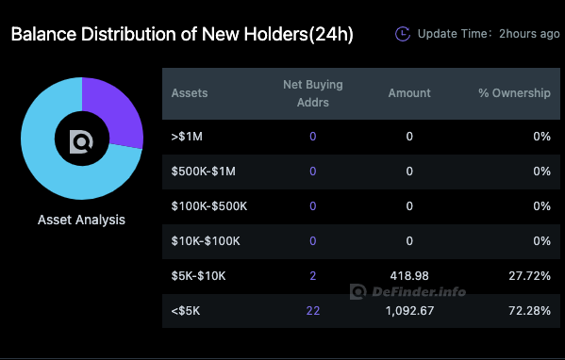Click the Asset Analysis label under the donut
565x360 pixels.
81,220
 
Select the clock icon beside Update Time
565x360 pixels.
403,34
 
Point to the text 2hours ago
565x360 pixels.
529,34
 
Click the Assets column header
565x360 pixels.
190,93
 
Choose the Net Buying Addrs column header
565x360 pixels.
312,93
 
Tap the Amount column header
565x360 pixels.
409,93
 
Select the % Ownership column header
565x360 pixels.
514,93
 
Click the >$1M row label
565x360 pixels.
189,137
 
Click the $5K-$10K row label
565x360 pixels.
198,275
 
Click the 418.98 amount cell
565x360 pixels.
409,275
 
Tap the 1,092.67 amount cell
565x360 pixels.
409,310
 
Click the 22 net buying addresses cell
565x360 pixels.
312,310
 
